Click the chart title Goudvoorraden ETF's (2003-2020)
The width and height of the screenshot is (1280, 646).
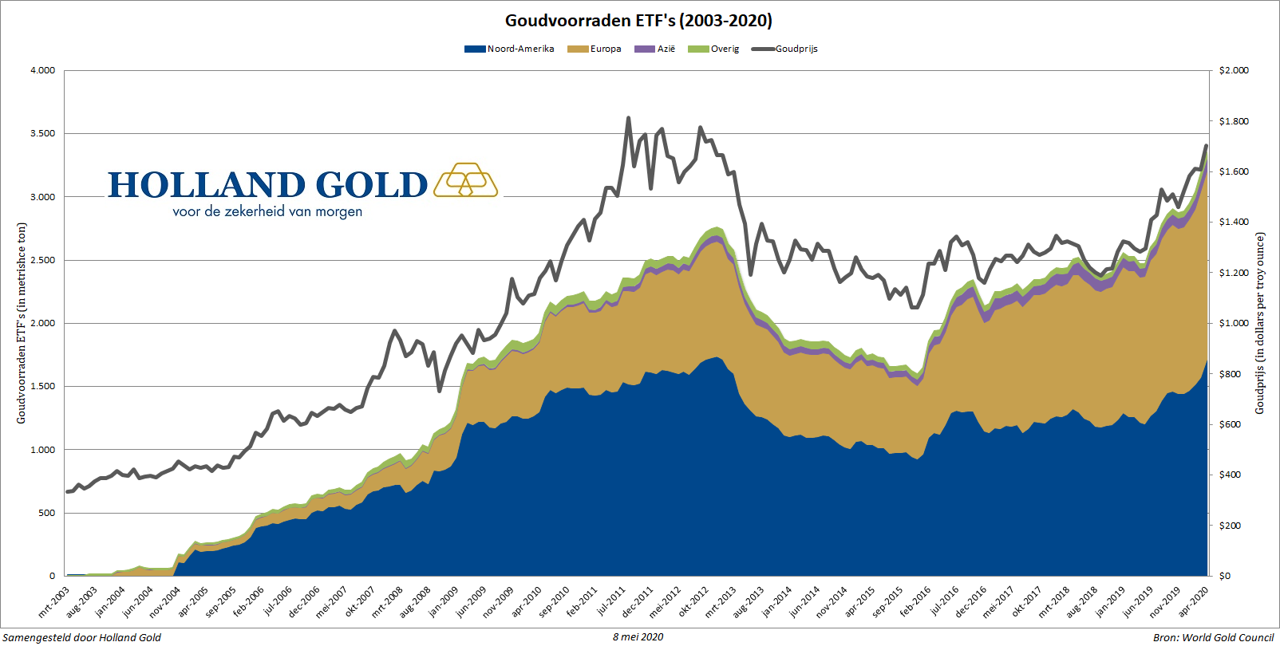(638, 21)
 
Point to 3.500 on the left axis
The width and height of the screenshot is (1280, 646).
(43, 133)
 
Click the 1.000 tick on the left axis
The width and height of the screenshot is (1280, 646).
(43, 450)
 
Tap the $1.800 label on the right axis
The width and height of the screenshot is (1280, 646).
(1234, 121)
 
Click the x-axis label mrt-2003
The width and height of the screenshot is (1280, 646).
(54, 602)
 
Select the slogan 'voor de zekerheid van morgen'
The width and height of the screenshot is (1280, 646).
(267, 212)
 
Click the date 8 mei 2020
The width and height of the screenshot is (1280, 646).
(638, 636)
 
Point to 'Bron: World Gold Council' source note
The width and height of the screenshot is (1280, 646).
(1213, 637)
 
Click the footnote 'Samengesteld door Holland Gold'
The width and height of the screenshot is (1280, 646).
(82, 637)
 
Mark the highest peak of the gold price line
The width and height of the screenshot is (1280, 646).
(629, 118)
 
